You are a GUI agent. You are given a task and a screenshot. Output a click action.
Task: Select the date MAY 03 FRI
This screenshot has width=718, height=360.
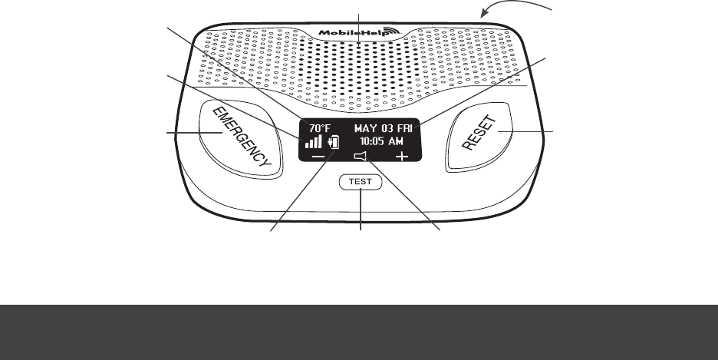click(383, 128)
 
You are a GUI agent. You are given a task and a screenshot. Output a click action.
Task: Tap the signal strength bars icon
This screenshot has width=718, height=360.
click(314, 142)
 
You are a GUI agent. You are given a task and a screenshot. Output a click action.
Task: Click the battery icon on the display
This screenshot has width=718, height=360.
click(333, 142)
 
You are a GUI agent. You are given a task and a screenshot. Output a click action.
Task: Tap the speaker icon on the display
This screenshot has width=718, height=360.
click(360, 157)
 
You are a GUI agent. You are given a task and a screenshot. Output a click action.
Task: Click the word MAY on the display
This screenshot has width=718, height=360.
click(365, 128)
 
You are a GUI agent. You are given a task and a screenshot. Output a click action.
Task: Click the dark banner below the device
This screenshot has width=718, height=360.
click(359, 332)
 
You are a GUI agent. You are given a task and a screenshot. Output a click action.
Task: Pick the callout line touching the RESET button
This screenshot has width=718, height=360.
click(529, 133)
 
